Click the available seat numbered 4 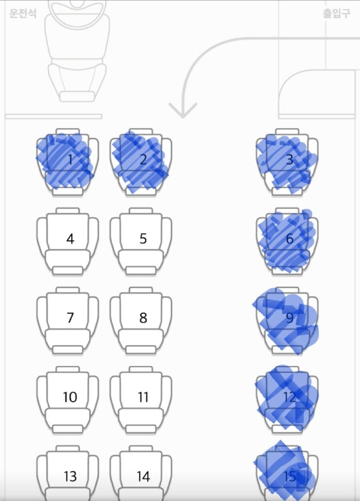67,241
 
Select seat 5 141,241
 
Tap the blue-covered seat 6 287,241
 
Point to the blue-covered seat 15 287,473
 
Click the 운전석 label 23,14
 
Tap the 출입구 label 336,14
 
